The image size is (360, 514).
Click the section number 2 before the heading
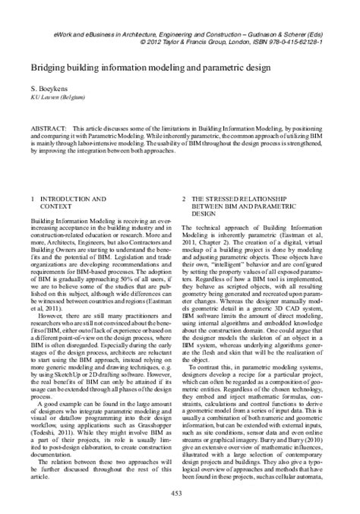(x=185, y=199)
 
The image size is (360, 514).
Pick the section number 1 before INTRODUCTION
(x=32, y=199)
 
